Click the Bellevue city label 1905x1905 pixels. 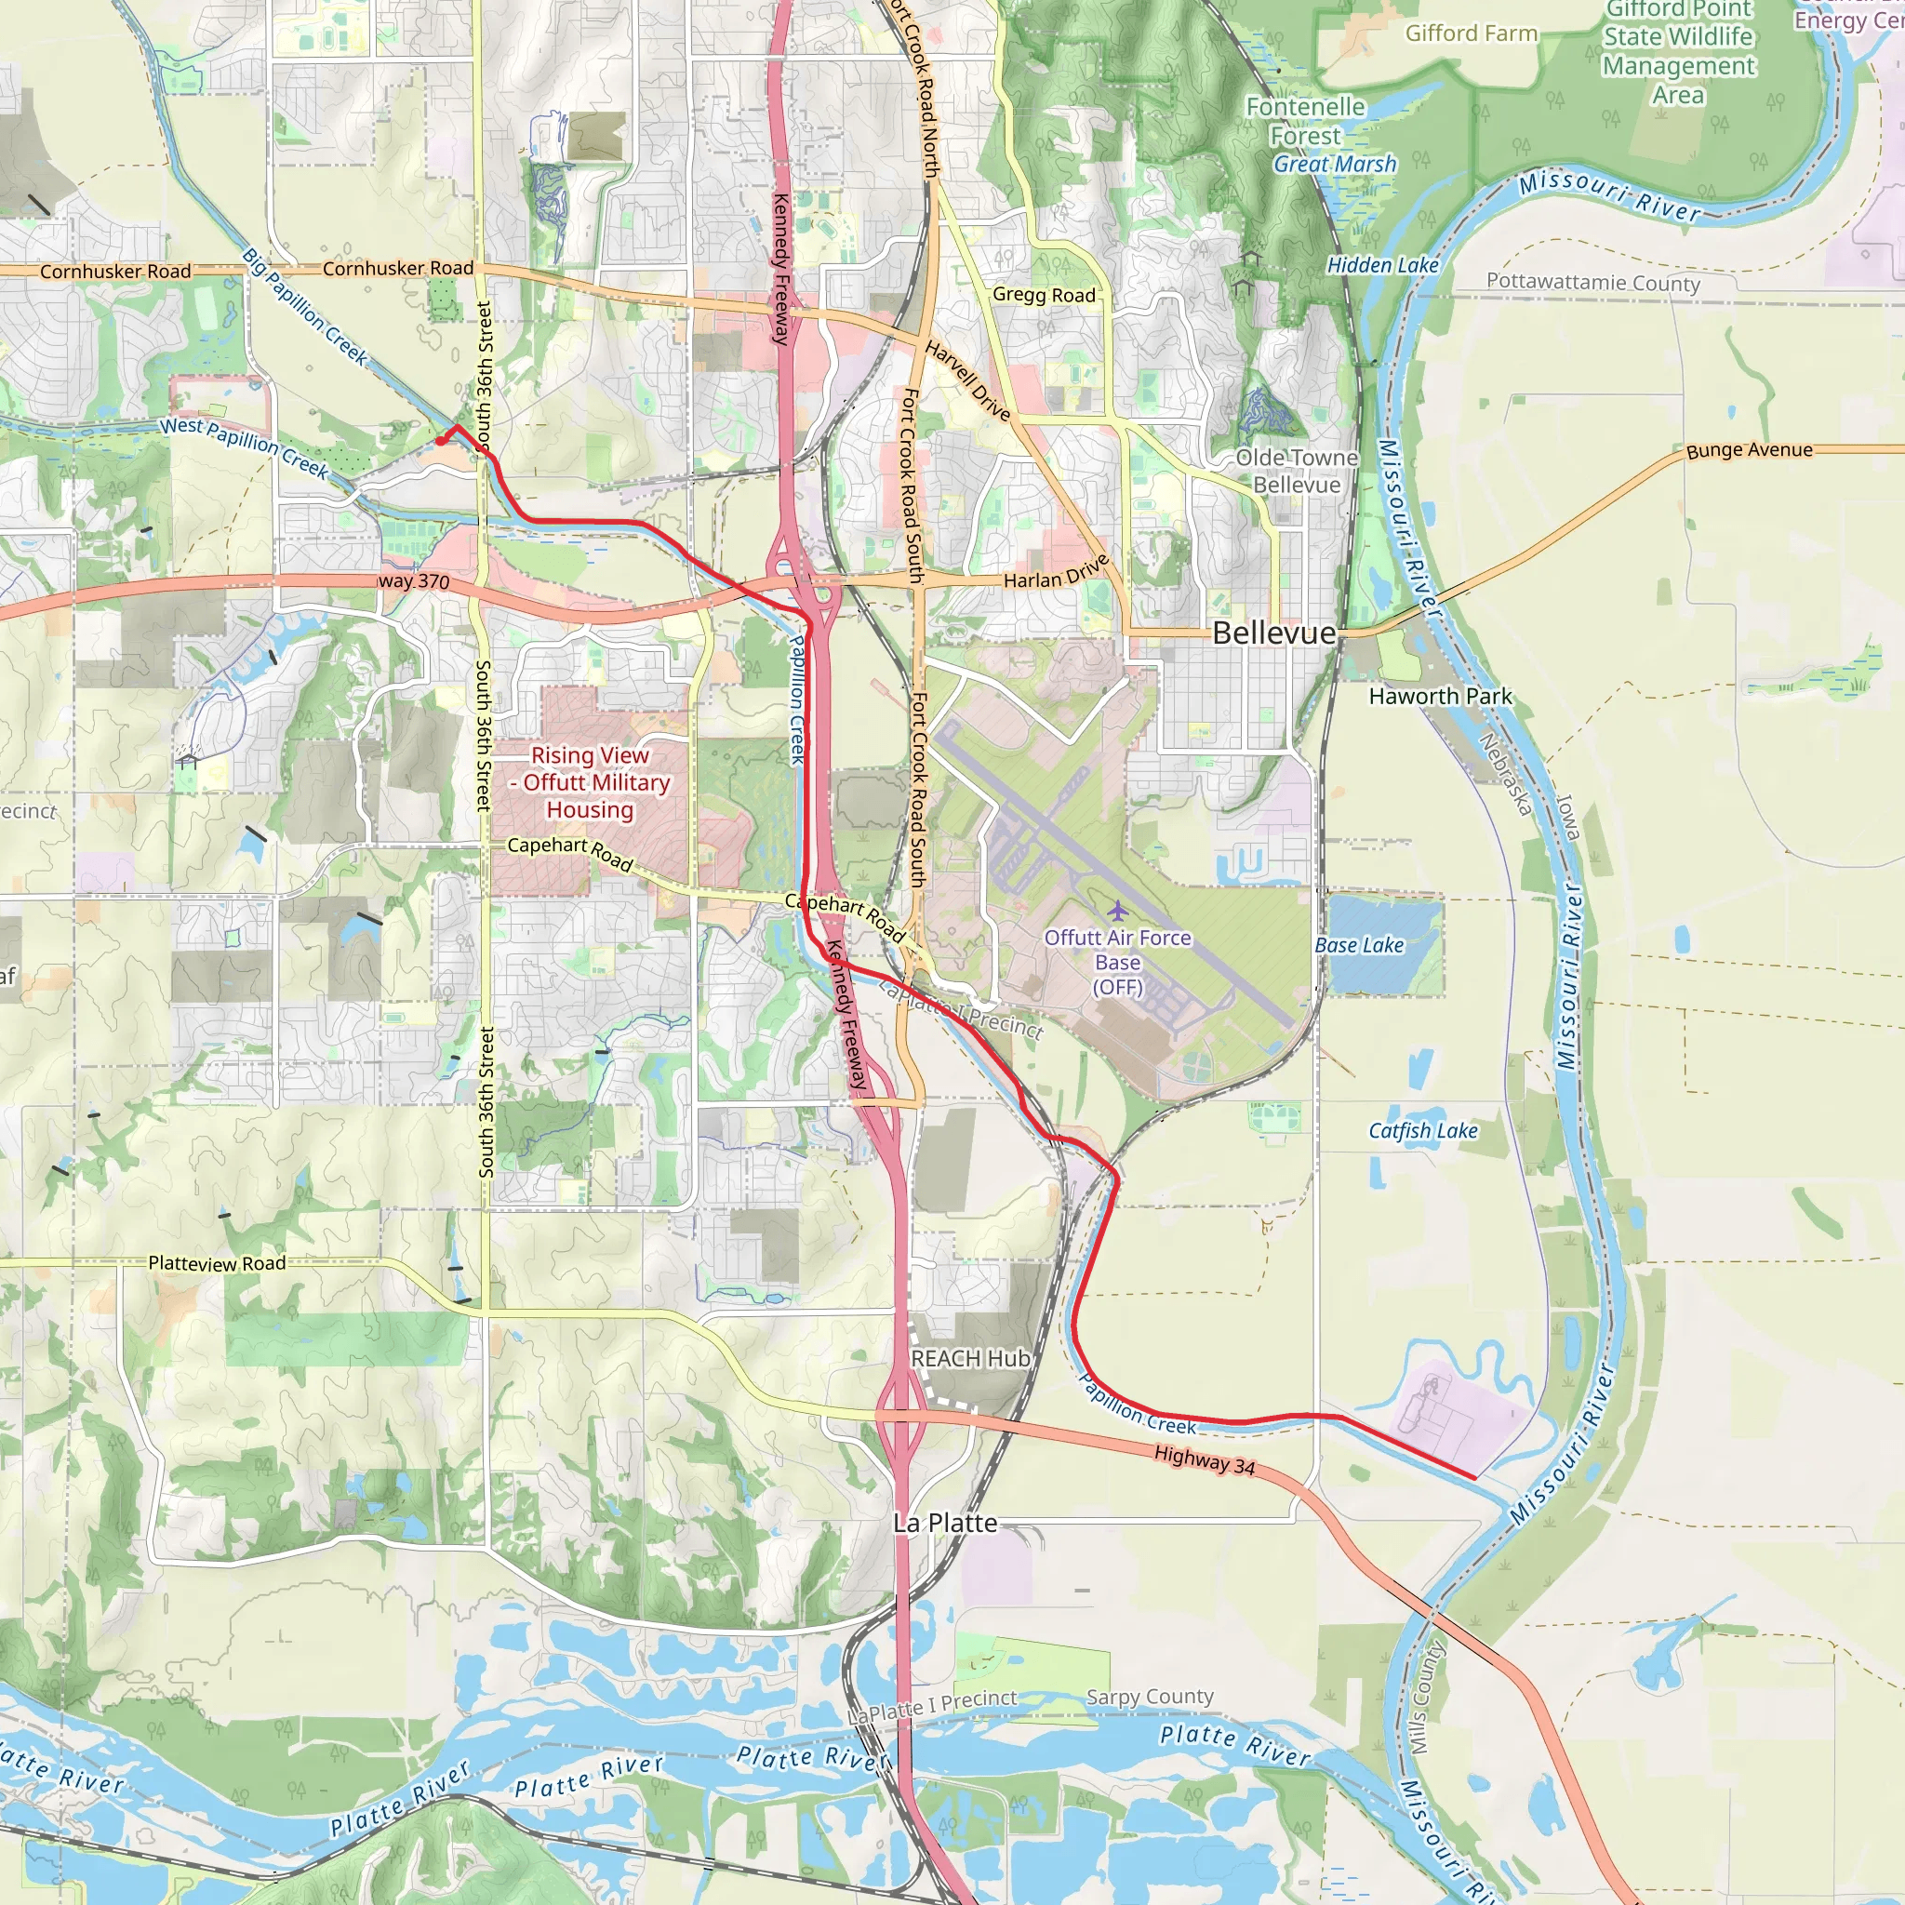pos(1274,633)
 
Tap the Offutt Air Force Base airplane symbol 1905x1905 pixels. pos(1117,909)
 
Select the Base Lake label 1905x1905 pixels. pos(1359,945)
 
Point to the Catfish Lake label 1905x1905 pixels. pos(1422,1131)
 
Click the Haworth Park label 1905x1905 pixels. pos(1440,696)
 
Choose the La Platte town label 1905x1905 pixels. pos(945,1523)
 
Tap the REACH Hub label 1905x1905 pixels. pos(970,1359)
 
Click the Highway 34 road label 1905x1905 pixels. pos(1204,1459)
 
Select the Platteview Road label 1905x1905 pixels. pos(217,1263)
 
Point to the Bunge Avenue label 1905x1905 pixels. pos(1750,450)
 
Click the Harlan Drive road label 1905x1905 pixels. pos(1056,573)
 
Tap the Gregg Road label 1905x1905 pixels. pos(1044,295)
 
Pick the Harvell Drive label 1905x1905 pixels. pos(967,380)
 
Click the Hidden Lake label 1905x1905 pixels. pos(1382,265)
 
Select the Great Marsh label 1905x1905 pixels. pos(1334,165)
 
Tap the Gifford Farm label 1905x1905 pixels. pos(1472,33)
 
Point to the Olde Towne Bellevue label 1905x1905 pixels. pos(1297,472)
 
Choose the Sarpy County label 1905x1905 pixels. pos(1150,1696)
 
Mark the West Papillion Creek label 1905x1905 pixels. pos(244,446)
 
